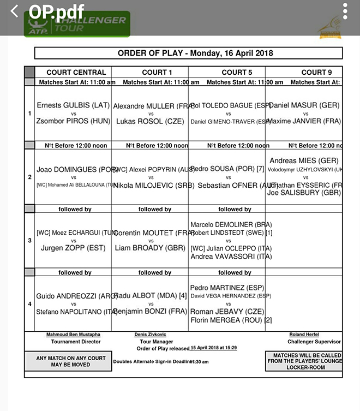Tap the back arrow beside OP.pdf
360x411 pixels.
[x=15, y=11]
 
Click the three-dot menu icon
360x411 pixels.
[x=345, y=11]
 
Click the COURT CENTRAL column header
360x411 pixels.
[x=76, y=72]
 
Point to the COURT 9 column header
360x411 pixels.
[x=316, y=72]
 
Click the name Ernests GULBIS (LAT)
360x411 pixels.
[x=73, y=105]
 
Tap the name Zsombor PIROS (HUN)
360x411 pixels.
[x=73, y=121]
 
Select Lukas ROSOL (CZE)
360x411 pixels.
[x=151, y=121]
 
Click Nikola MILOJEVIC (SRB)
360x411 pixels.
[x=151, y=186]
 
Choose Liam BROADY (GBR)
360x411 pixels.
[x=151, y=248]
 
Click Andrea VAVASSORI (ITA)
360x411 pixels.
[x=231, y=257]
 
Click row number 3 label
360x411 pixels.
[x=29, y=240]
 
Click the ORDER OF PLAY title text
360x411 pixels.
[x=188, y=53]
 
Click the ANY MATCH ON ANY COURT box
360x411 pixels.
[x=68, y=361]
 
